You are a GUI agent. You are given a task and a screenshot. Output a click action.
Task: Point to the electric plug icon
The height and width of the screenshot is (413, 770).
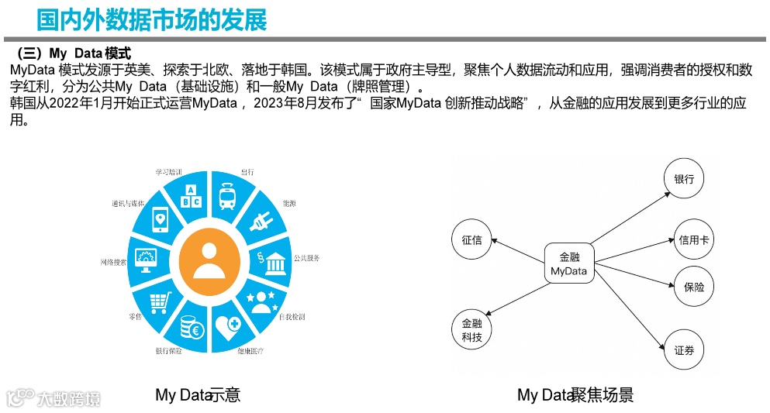click(x=260, y=221)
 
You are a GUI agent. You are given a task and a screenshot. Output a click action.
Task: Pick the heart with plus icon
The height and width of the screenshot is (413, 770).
click(x=229, y=326)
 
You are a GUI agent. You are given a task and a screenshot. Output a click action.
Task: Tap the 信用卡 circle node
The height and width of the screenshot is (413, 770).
click(x=693, y=240)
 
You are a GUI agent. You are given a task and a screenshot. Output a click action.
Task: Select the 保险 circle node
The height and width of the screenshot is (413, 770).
click(x=693, y=287)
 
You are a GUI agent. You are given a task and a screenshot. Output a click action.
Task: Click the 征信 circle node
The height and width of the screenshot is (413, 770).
click(x=472, y=239)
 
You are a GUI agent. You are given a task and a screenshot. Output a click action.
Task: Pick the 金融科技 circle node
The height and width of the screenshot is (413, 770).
click(x=472, y=330)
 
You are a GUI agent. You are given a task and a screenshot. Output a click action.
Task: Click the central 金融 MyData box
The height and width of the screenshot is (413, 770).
click(x=569, y=264)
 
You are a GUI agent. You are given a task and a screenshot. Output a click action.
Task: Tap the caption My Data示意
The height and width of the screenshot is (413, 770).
click(x=198, y=394)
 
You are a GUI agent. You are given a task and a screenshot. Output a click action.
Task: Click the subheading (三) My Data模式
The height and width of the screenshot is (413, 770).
click(x=74, y=53)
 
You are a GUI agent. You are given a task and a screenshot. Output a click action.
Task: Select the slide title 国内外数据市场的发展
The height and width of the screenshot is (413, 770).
click(x=152, y=19)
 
